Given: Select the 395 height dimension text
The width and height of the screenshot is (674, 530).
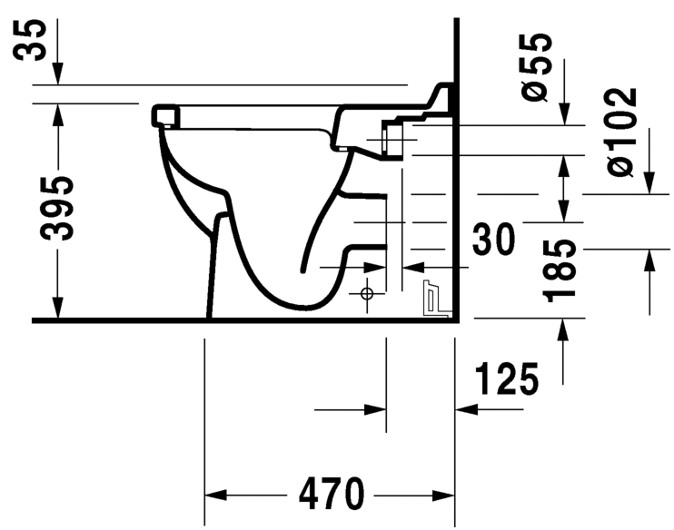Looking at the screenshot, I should coord(56,207).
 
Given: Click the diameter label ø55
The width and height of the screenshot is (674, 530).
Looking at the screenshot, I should coord(538,64).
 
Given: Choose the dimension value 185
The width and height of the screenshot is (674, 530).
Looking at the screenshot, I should coord(561,270).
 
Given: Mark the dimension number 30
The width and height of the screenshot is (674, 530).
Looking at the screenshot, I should coord(494,240).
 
